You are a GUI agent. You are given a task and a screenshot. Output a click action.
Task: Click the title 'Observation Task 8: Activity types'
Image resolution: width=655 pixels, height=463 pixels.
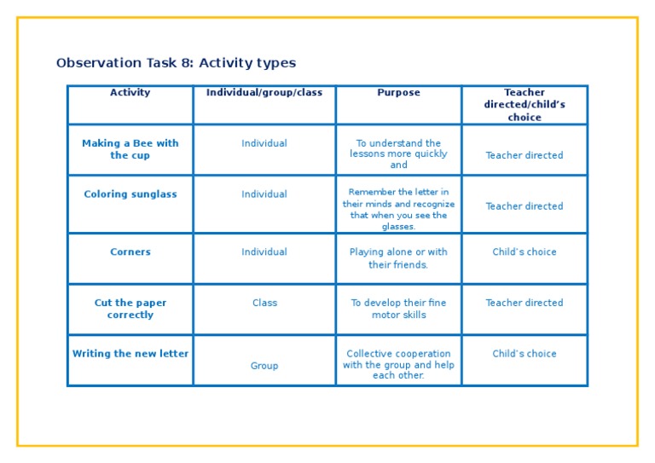176,63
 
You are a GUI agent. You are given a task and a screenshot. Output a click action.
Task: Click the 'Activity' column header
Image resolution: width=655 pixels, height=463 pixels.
130,93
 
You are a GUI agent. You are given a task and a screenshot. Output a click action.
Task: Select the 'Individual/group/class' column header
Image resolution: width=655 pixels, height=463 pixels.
264,93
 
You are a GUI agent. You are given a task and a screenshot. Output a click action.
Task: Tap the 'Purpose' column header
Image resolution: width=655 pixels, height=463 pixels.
398,93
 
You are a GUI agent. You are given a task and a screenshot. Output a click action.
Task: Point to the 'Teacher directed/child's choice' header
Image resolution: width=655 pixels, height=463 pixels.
525,105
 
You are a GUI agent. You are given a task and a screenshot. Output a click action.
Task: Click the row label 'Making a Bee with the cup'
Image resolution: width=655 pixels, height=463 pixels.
130,149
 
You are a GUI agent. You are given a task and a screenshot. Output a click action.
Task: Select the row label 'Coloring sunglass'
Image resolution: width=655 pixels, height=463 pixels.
130,194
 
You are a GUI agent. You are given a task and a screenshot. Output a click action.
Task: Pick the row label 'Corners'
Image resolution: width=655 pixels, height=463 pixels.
130,252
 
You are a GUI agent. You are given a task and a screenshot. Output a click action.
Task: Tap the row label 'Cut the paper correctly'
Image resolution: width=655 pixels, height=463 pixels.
130,309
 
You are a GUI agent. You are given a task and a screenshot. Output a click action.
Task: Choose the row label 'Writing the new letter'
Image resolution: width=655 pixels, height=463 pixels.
130,354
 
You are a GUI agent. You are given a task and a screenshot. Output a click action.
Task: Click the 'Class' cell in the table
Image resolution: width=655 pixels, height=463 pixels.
264,303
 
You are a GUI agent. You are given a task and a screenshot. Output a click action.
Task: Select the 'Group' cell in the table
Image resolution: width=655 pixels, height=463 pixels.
264,366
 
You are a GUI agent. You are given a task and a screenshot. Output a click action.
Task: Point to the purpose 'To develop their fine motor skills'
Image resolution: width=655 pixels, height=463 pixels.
398,309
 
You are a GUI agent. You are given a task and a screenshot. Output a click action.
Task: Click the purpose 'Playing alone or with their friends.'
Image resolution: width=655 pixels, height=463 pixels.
398,258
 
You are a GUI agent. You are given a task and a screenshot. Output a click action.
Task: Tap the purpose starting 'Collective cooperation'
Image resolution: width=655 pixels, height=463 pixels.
398,365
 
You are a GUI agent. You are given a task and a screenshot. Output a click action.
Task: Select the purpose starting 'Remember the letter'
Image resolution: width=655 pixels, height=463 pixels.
398,210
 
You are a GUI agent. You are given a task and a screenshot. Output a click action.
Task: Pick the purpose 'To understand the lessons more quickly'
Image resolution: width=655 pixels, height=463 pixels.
398,154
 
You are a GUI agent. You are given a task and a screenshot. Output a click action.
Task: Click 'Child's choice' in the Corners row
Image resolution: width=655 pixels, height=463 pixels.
525,252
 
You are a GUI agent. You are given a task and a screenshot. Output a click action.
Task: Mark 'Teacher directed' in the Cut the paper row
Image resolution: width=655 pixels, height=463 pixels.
525,303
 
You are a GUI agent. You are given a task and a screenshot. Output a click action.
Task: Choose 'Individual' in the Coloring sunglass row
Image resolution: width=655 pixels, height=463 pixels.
264,194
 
